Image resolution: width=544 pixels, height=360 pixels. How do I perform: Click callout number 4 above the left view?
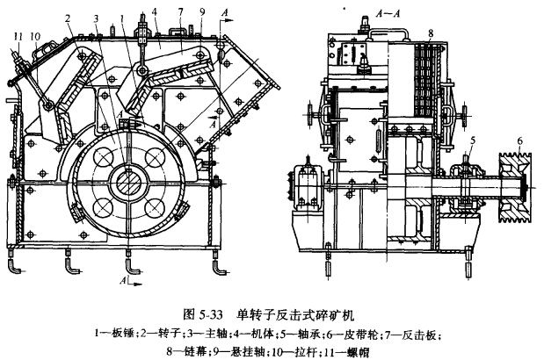[155, 12]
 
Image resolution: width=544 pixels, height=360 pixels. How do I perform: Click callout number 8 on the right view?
[431, 33]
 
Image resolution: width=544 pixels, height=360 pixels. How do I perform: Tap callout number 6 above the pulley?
[519, 142]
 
